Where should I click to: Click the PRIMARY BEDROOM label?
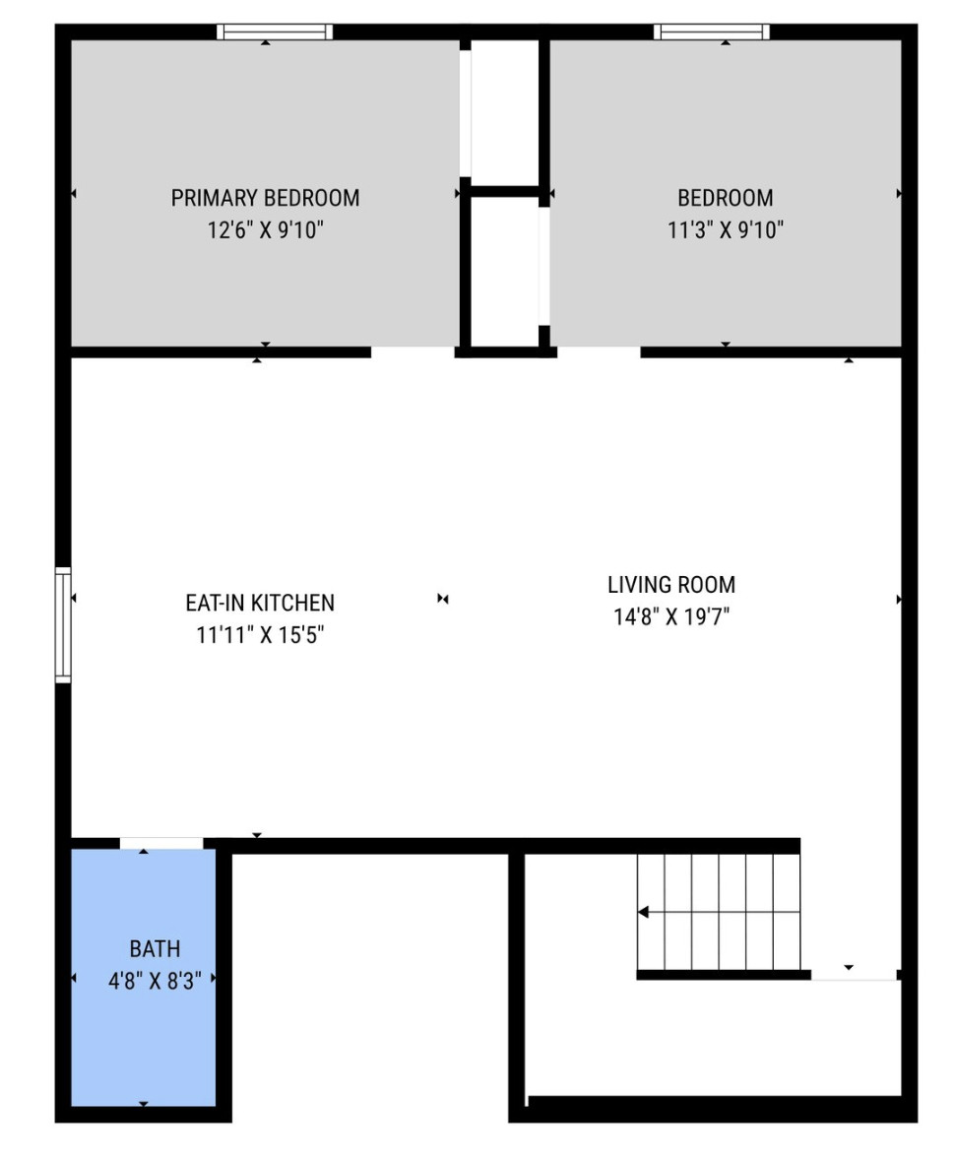click(x=265, y=198)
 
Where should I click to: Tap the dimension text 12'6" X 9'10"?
click(x=265, y=230)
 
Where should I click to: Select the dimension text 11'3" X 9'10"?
click(x=726, y=230)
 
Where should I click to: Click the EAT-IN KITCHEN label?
click(x=260, y=603)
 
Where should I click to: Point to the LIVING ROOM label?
click(x=671, y=585)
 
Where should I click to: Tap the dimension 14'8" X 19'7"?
click(x=671, y=616)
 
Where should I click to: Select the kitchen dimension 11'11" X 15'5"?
click(x=260, y=635)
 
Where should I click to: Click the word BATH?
click(x=155, y=949)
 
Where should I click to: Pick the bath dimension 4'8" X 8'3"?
click(x=155, y=981)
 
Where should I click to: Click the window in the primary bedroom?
click(x=275, y=32)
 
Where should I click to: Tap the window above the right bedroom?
click(x=711, y=32)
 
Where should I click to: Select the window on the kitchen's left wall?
click(x=63, y=624)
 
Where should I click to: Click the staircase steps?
click(x=719, y=912)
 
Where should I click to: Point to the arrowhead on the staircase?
click(x=643, y=913)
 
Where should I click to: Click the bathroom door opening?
click(x=161, y=843)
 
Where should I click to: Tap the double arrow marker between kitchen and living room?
click(x=442, y=599)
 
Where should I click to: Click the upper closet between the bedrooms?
click(x=504, y=113)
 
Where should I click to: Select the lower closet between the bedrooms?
click(x=505, y=271)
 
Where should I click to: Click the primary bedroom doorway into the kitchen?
click(x=413, y=352)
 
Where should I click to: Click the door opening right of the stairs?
click(x=854, y=976)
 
